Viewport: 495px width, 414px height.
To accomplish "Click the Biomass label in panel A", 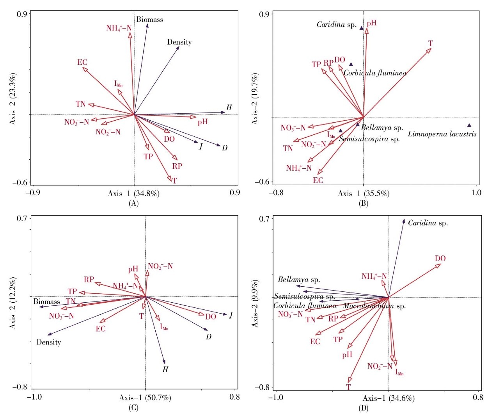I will [x=149, y=20].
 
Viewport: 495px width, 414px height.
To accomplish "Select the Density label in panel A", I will [x=179, y=42].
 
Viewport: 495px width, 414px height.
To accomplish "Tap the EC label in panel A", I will [x=82, y=62].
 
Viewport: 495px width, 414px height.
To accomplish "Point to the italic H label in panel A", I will [x=229, y=108].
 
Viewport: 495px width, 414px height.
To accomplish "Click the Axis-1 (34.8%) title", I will [x=133, y=193].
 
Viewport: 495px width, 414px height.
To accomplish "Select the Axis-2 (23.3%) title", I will [x=13, y=98].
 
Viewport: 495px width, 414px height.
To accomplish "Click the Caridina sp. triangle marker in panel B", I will [x=362, y=28].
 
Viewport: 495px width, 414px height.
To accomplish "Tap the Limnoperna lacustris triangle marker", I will [x=469, y=125].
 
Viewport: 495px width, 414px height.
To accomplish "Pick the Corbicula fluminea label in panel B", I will [x=375, y=73].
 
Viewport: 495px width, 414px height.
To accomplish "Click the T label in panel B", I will [x=430, y=43].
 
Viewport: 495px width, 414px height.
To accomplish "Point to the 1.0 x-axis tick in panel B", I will [x=476, y=193].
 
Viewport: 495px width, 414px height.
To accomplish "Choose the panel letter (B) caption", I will [x=363, y=203].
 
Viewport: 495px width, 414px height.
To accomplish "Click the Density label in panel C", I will [x=49, y=343].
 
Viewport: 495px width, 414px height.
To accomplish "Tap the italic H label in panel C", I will [x=165, y=369].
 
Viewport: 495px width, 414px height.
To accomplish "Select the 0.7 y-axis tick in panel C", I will [x=22, y=218].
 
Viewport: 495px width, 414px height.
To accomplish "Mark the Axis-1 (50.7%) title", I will [x=145, y=398].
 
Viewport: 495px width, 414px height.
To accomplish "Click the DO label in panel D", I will [x=440, y=259].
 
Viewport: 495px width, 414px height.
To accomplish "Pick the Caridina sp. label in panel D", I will [x=428, y=223].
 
